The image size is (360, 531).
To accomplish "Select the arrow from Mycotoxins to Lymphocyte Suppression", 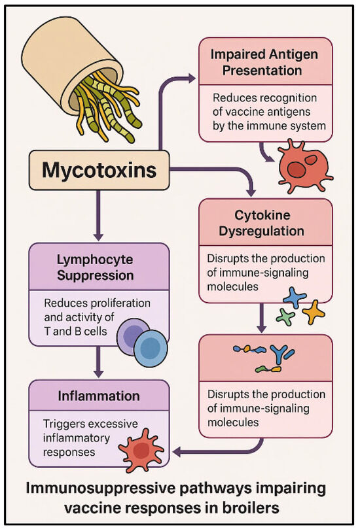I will click(97, 213).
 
